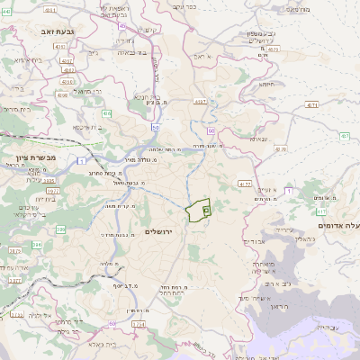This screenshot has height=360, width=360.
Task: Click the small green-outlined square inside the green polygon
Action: coord(206,209)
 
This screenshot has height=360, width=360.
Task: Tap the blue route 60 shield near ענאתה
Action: coord(209,130)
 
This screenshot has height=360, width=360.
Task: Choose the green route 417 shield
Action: coord(286,191)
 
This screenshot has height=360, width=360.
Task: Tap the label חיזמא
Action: coord(267,84)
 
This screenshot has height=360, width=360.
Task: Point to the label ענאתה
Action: coord(259,139)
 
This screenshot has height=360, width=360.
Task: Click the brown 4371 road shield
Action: coord(311,105)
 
